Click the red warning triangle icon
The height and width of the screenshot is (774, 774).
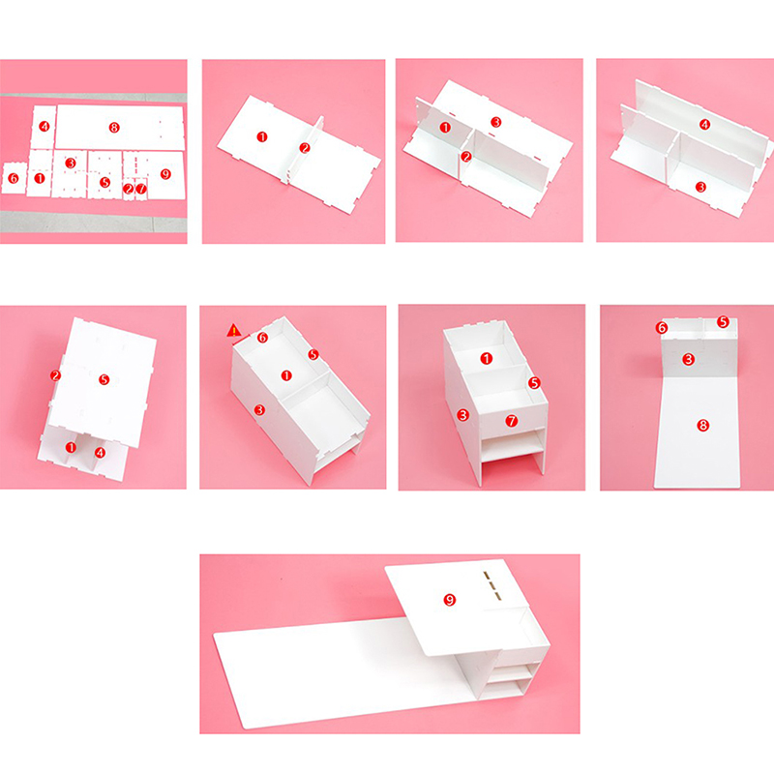point(234,330)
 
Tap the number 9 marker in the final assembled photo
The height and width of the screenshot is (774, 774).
point(449,600)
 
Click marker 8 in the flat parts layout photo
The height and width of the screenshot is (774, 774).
point(114,128)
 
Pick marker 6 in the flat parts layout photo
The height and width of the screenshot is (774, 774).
point(14,178)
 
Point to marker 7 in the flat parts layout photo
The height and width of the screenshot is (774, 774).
point(141,189)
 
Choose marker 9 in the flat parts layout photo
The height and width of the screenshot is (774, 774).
point(165,174)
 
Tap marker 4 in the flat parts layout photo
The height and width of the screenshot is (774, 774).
point(45,127)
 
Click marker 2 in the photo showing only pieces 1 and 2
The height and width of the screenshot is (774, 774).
point(305,148)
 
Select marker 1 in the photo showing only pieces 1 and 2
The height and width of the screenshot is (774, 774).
point(262,136)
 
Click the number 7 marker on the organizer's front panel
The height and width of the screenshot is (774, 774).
point(512,421)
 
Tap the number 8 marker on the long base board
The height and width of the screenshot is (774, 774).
point(703,425)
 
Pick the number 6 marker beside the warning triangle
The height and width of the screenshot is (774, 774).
point(262,338)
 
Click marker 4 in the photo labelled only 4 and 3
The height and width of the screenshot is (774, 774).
point(705,125)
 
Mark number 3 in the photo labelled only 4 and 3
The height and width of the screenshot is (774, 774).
point(700,187)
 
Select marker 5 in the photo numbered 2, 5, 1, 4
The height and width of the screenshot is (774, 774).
point(104,379)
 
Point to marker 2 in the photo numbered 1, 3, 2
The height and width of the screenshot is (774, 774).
point(466,157)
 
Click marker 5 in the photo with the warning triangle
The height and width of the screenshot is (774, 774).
point(313,354)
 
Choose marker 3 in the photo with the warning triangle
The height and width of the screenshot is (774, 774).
point(259,409)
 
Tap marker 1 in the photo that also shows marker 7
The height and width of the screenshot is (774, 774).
point(487,358)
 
